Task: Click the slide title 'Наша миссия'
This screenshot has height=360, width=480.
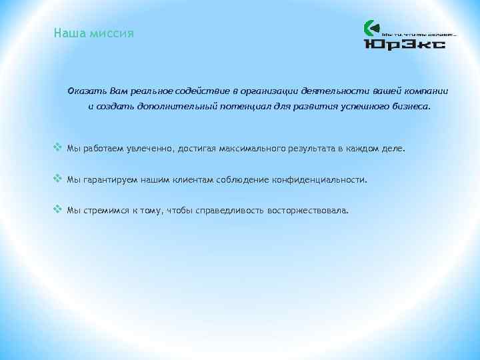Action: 94,33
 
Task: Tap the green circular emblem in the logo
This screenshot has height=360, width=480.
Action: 371,29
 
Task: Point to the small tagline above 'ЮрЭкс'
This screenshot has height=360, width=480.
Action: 418,31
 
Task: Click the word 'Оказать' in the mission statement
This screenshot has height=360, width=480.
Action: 85,90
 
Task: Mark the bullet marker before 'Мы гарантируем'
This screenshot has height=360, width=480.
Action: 57,179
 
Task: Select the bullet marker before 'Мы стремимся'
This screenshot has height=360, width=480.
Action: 57,209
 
